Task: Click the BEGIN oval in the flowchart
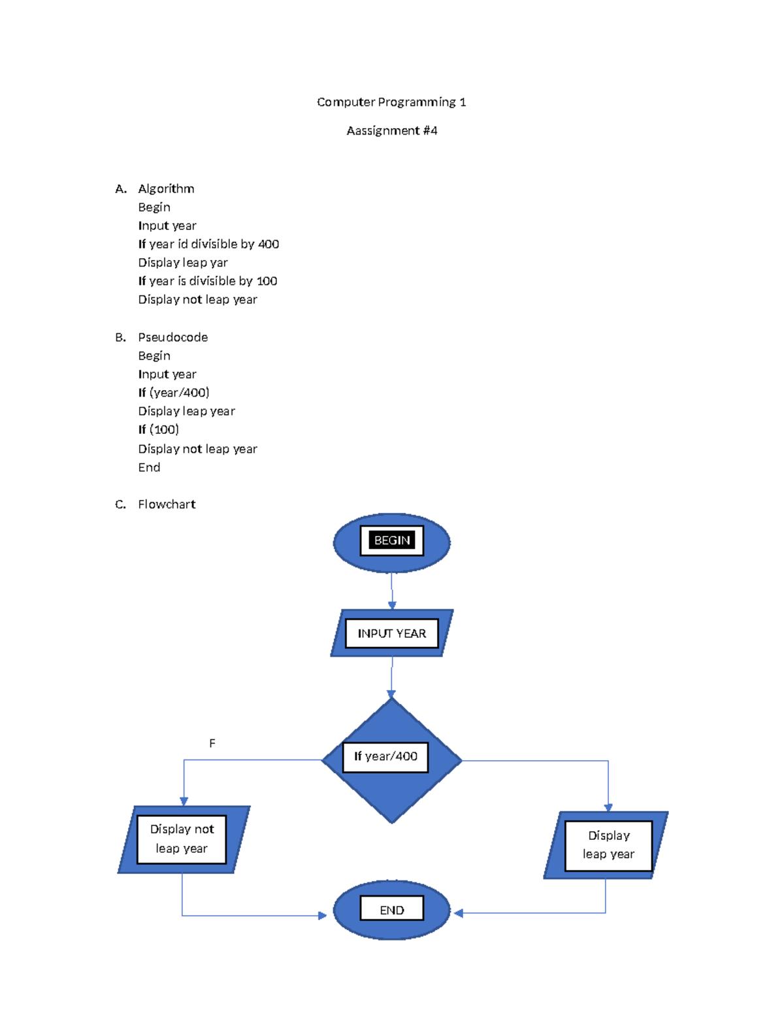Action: pos(391,542)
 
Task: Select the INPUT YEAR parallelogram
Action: pos(391,633)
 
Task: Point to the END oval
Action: pos(391,910)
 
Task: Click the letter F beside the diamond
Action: pos(212,743)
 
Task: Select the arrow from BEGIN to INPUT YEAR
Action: pos(391,591)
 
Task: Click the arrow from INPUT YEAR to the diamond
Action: pos(391,677)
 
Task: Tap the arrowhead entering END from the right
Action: pos(458,913)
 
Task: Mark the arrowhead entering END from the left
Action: pos(322,916)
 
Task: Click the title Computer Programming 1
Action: pos(391,102)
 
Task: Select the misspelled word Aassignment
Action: pos(383,131)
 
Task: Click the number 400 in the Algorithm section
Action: pos(268,244)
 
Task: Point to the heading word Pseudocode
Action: pos(172,337)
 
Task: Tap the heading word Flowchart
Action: pos(167,505)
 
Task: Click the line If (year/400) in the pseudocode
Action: pos(174,392)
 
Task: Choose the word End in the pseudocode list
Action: pos(149,467)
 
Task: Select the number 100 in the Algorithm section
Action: pos(267,281)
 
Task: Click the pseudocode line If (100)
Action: pos(159,429)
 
